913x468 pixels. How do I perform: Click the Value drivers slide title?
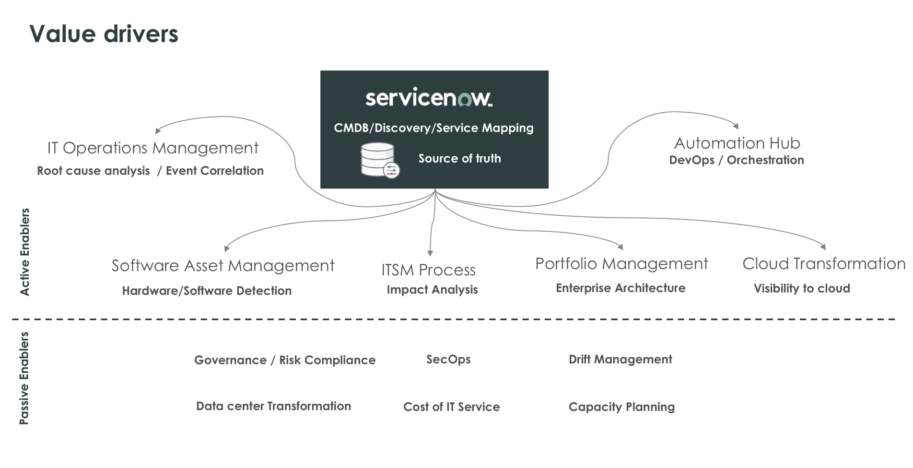tap(104, 34)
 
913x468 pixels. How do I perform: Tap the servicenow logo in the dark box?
tap(429, 98)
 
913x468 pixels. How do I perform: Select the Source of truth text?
tap(459, 158)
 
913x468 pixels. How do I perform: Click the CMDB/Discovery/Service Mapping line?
tap(433, 128)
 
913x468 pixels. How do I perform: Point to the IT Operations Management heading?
tap(152, 148)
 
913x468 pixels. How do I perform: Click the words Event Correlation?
tap(214, 171)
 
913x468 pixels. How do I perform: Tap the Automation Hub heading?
tap(737, 143)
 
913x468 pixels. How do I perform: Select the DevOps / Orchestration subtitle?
tap(737, 160)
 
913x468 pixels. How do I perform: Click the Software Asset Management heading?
tap(223, 266)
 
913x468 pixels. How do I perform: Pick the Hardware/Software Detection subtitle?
tap(207, 291)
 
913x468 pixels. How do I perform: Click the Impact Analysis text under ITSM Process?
tap(432, 290)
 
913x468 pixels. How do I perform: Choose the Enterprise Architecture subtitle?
tap(620, 288)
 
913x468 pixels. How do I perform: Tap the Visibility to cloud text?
tap(802, 289)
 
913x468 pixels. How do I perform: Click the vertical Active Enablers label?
tap(24, 252)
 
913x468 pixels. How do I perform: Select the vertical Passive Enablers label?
tap(24, 378)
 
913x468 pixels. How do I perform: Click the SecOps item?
tap(448, 360)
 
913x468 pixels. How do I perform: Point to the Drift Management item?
tap(620, 360)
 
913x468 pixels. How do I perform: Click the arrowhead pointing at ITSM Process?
tap(430, 253)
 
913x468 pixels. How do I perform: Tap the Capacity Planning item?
tap(621, 407)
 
